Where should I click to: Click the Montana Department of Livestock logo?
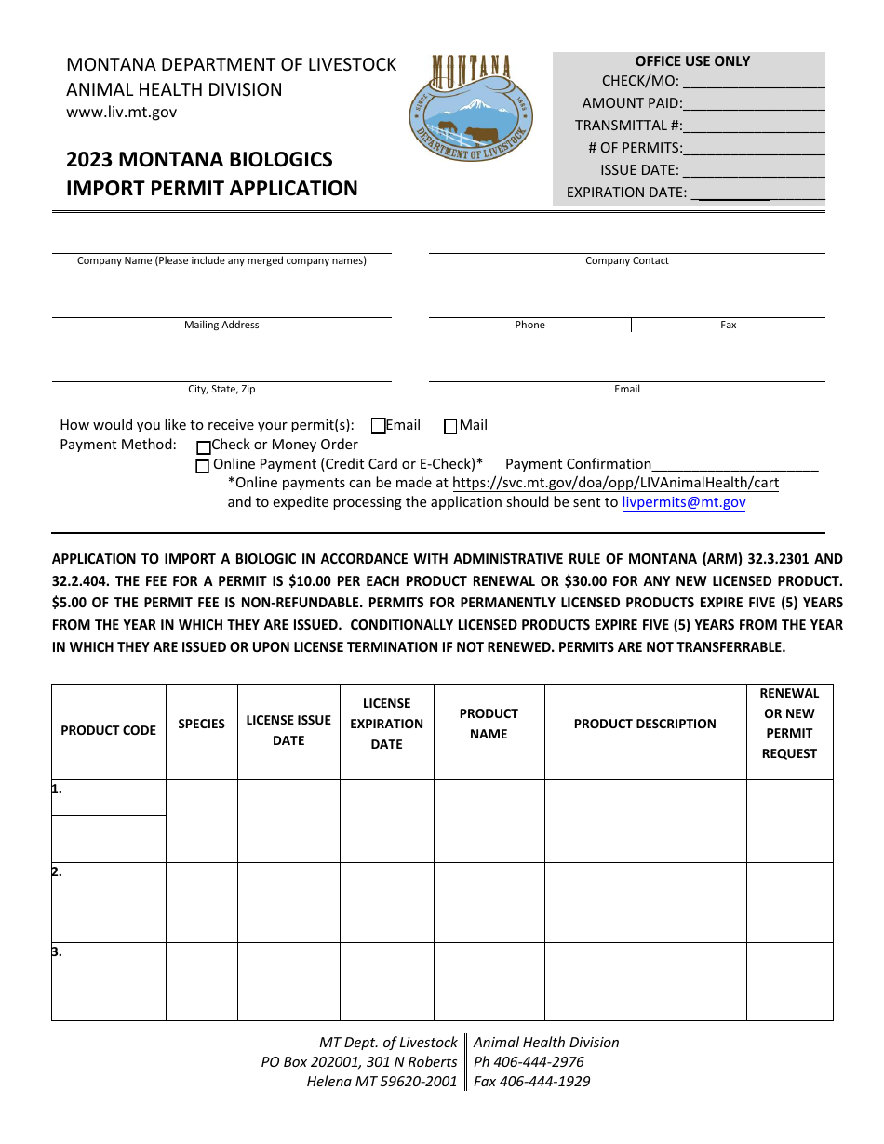[x=470, y=108]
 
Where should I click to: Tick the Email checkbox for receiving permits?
[x=379, y=426]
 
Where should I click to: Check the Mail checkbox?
[x=450, y=427]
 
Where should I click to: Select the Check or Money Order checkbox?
[x=203, y=446]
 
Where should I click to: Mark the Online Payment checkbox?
[x=202, y=466]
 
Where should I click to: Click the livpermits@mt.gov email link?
[x=683, y=502]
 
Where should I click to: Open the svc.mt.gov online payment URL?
[x=615, y=483]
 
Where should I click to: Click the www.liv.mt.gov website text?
[x=121, y=113]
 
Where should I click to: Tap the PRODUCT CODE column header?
[x=109, y=730]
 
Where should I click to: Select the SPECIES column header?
[x=202, y=724]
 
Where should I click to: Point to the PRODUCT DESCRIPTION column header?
[x=645, y=724]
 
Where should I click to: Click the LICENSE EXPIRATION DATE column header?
[x=386, y=724]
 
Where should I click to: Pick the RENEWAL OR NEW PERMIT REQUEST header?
[x=789, y=724]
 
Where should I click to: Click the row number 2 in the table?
[x=58, y=872]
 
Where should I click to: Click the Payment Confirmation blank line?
[x=735, y=465]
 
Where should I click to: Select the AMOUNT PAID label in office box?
[x=632, y=103]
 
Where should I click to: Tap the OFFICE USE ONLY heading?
[x=692, y=61]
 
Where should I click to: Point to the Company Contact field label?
[x=626, y=261]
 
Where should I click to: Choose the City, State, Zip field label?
[x=221, y=390]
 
